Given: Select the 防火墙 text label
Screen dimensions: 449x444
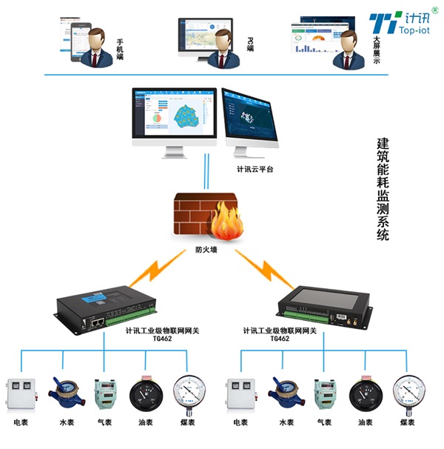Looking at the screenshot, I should click(x=206, y=250).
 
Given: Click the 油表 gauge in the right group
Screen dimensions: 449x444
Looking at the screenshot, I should click(x=366, y=393).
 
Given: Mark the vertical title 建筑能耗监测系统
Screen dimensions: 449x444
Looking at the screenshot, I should click(x=383, y=188).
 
